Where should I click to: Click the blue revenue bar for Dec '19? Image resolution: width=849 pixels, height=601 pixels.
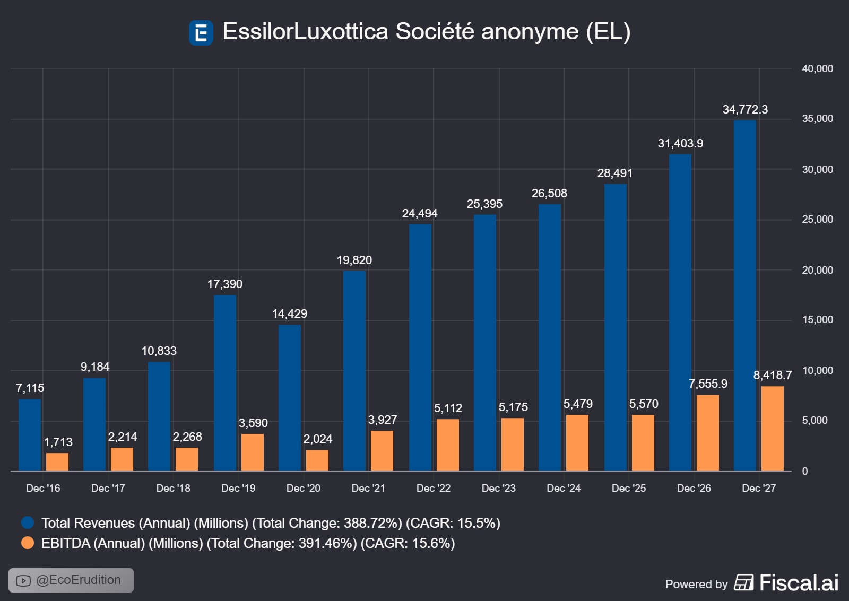(225, 383)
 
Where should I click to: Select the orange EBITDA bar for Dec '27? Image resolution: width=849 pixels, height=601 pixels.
(773, 429)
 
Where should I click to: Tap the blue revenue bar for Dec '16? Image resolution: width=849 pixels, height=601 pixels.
(30, 435)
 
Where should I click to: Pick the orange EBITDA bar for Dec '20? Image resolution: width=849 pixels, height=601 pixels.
(317, 460)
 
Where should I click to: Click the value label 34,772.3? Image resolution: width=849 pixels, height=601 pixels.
(745, 110)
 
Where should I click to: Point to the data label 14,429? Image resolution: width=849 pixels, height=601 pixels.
(290, 314)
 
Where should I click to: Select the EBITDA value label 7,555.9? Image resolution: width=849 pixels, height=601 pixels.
(708, 384)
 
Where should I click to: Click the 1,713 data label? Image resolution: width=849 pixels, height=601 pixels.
(58, 442)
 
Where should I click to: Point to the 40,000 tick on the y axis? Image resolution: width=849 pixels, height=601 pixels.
(817, 68)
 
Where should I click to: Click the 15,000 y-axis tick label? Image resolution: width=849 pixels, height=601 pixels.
(817, 320)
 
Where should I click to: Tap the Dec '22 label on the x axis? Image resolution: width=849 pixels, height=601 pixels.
(434, 488)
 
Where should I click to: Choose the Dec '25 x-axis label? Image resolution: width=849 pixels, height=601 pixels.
(629, 488)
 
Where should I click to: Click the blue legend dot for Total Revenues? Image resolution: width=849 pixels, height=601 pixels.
(28, 523)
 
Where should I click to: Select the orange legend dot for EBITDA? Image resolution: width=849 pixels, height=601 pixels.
(28, 543)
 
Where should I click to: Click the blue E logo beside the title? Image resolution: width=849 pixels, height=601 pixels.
(201, 33)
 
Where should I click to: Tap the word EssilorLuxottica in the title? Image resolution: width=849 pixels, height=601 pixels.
(306, 31)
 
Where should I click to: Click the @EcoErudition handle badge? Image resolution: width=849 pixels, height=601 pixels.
(71, 580)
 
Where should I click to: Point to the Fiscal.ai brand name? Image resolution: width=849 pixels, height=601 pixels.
(799, 583)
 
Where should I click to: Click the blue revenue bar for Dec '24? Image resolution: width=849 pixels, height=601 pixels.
(550, 337)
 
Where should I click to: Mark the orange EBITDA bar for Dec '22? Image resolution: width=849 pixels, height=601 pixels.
(448, 445)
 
